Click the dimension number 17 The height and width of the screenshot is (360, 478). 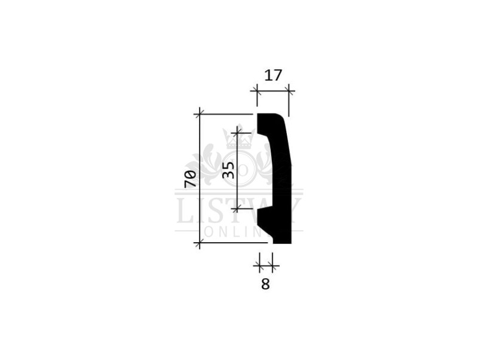273,75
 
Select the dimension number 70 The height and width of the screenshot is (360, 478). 190,179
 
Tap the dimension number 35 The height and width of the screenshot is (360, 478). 228,170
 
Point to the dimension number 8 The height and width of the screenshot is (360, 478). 265,284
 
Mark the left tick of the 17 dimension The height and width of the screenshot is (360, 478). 257,91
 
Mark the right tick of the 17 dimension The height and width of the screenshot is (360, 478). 289,91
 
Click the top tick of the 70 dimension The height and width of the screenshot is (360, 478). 200,114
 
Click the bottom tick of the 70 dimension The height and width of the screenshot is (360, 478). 200,243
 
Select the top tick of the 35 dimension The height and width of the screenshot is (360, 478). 237,133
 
